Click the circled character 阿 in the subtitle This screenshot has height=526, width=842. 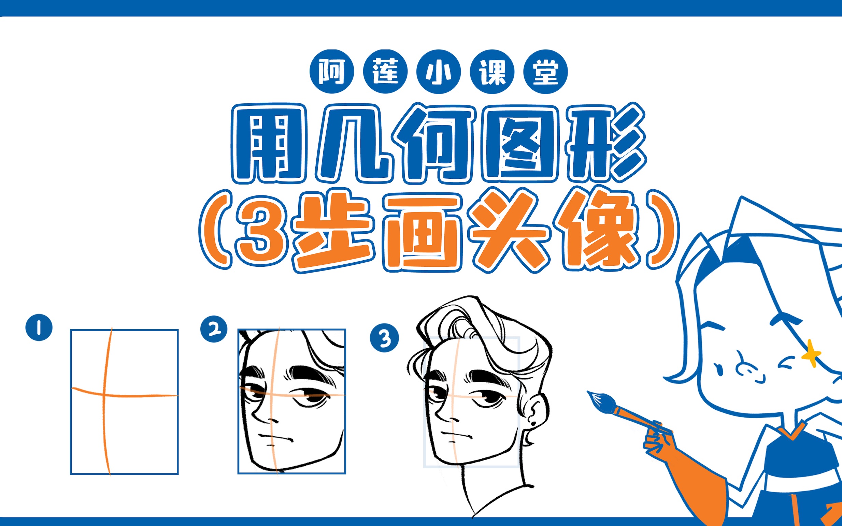pos(332,71)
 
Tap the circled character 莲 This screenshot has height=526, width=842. pos(385,71)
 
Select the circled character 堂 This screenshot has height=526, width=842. pos(545,71)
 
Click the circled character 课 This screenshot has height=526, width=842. pos(492,71)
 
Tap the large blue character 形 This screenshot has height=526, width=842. pos(606,143)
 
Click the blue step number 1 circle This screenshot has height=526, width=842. pos(39,327)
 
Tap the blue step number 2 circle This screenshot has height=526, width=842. pos(214,329)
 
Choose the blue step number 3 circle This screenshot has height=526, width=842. pos(384,338)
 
